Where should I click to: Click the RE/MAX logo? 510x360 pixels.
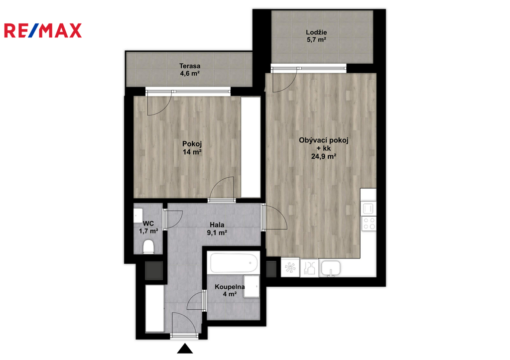[43, 30]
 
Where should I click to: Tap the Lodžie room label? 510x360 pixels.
[316, 32]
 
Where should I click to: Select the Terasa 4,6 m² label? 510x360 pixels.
[190, 70]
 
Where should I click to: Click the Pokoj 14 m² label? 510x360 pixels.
[192, 148]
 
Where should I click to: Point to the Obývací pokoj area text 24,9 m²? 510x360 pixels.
[324, 156]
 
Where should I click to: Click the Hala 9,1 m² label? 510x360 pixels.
[217, 229]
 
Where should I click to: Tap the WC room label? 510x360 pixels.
[148, 224]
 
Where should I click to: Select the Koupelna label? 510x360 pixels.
[230, 287]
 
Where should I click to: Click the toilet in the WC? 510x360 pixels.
[148, 247]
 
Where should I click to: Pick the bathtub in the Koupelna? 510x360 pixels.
[234, 263]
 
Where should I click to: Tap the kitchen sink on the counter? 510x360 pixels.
[331, 268]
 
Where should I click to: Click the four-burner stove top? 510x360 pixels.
[369, 224]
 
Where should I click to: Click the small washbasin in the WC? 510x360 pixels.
[138, 216]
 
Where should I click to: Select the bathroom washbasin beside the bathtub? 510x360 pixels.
[252, 286]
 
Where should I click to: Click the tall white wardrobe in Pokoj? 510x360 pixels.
[251, 147]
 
